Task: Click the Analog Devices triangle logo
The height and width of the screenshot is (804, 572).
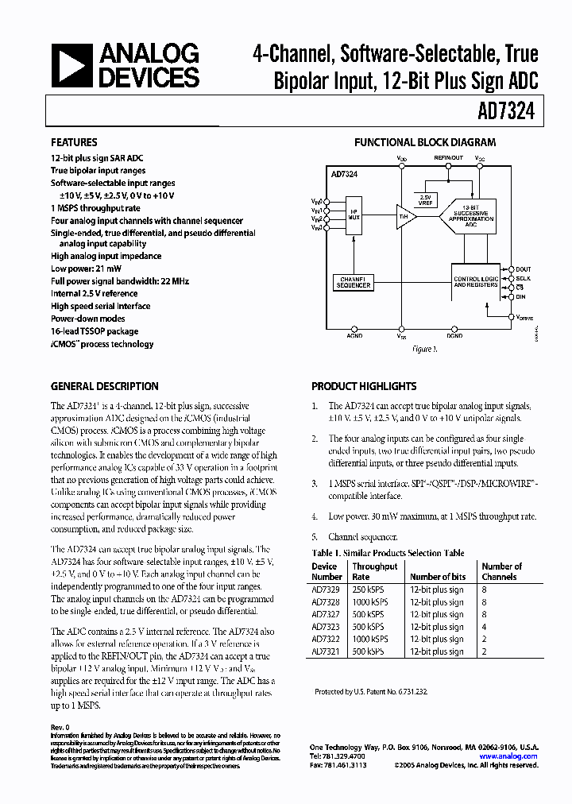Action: coord(71,66)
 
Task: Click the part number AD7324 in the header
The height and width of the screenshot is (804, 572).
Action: coord(506,112)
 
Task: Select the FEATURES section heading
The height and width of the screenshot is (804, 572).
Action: coord(75,143)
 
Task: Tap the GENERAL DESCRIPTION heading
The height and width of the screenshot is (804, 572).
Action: coord(104,386)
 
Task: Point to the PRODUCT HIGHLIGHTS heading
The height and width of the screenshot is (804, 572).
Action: coord(364,386)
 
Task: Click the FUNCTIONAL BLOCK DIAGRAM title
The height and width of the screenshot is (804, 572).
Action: coord(424,143)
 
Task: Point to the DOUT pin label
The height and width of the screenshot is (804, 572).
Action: coord(523,269)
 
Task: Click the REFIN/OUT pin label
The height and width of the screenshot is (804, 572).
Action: coord(448,158)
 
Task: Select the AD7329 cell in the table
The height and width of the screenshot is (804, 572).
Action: coord(325,589)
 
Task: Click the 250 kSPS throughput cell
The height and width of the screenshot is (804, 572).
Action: coord(369,589)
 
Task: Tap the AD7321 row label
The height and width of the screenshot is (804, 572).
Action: coord(325,651)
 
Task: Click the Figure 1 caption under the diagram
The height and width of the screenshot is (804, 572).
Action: coord(424,349)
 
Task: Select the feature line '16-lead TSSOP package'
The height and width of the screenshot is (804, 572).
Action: coord(95,331)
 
